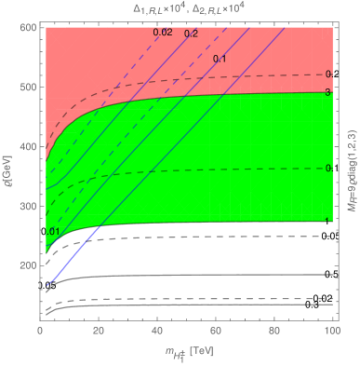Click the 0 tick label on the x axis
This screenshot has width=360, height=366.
point(40,331)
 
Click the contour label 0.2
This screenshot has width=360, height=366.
point(191,34)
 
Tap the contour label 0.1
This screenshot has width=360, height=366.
point(220,60)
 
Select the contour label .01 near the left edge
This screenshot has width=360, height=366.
point(54,231)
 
